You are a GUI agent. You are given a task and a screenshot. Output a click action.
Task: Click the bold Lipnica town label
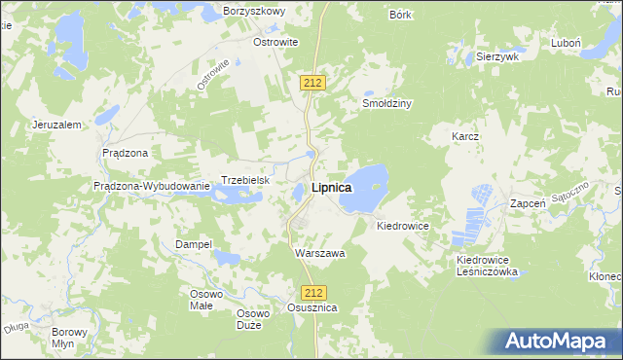(331, 188)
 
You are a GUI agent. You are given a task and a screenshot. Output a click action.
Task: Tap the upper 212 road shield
(311, 84)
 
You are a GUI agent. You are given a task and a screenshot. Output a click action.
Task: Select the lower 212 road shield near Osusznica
(311, 292)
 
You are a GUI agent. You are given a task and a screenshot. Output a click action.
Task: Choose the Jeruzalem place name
(55, 125)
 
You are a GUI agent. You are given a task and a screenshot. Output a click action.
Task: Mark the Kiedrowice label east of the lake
(403, 225)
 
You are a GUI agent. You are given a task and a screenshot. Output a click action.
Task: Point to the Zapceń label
(531, 205)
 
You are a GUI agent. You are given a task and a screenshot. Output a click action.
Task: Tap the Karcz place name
(465, 137)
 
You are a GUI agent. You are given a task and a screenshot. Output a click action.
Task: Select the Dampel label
(193, 244)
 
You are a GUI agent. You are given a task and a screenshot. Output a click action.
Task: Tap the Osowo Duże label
(253, 319)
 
